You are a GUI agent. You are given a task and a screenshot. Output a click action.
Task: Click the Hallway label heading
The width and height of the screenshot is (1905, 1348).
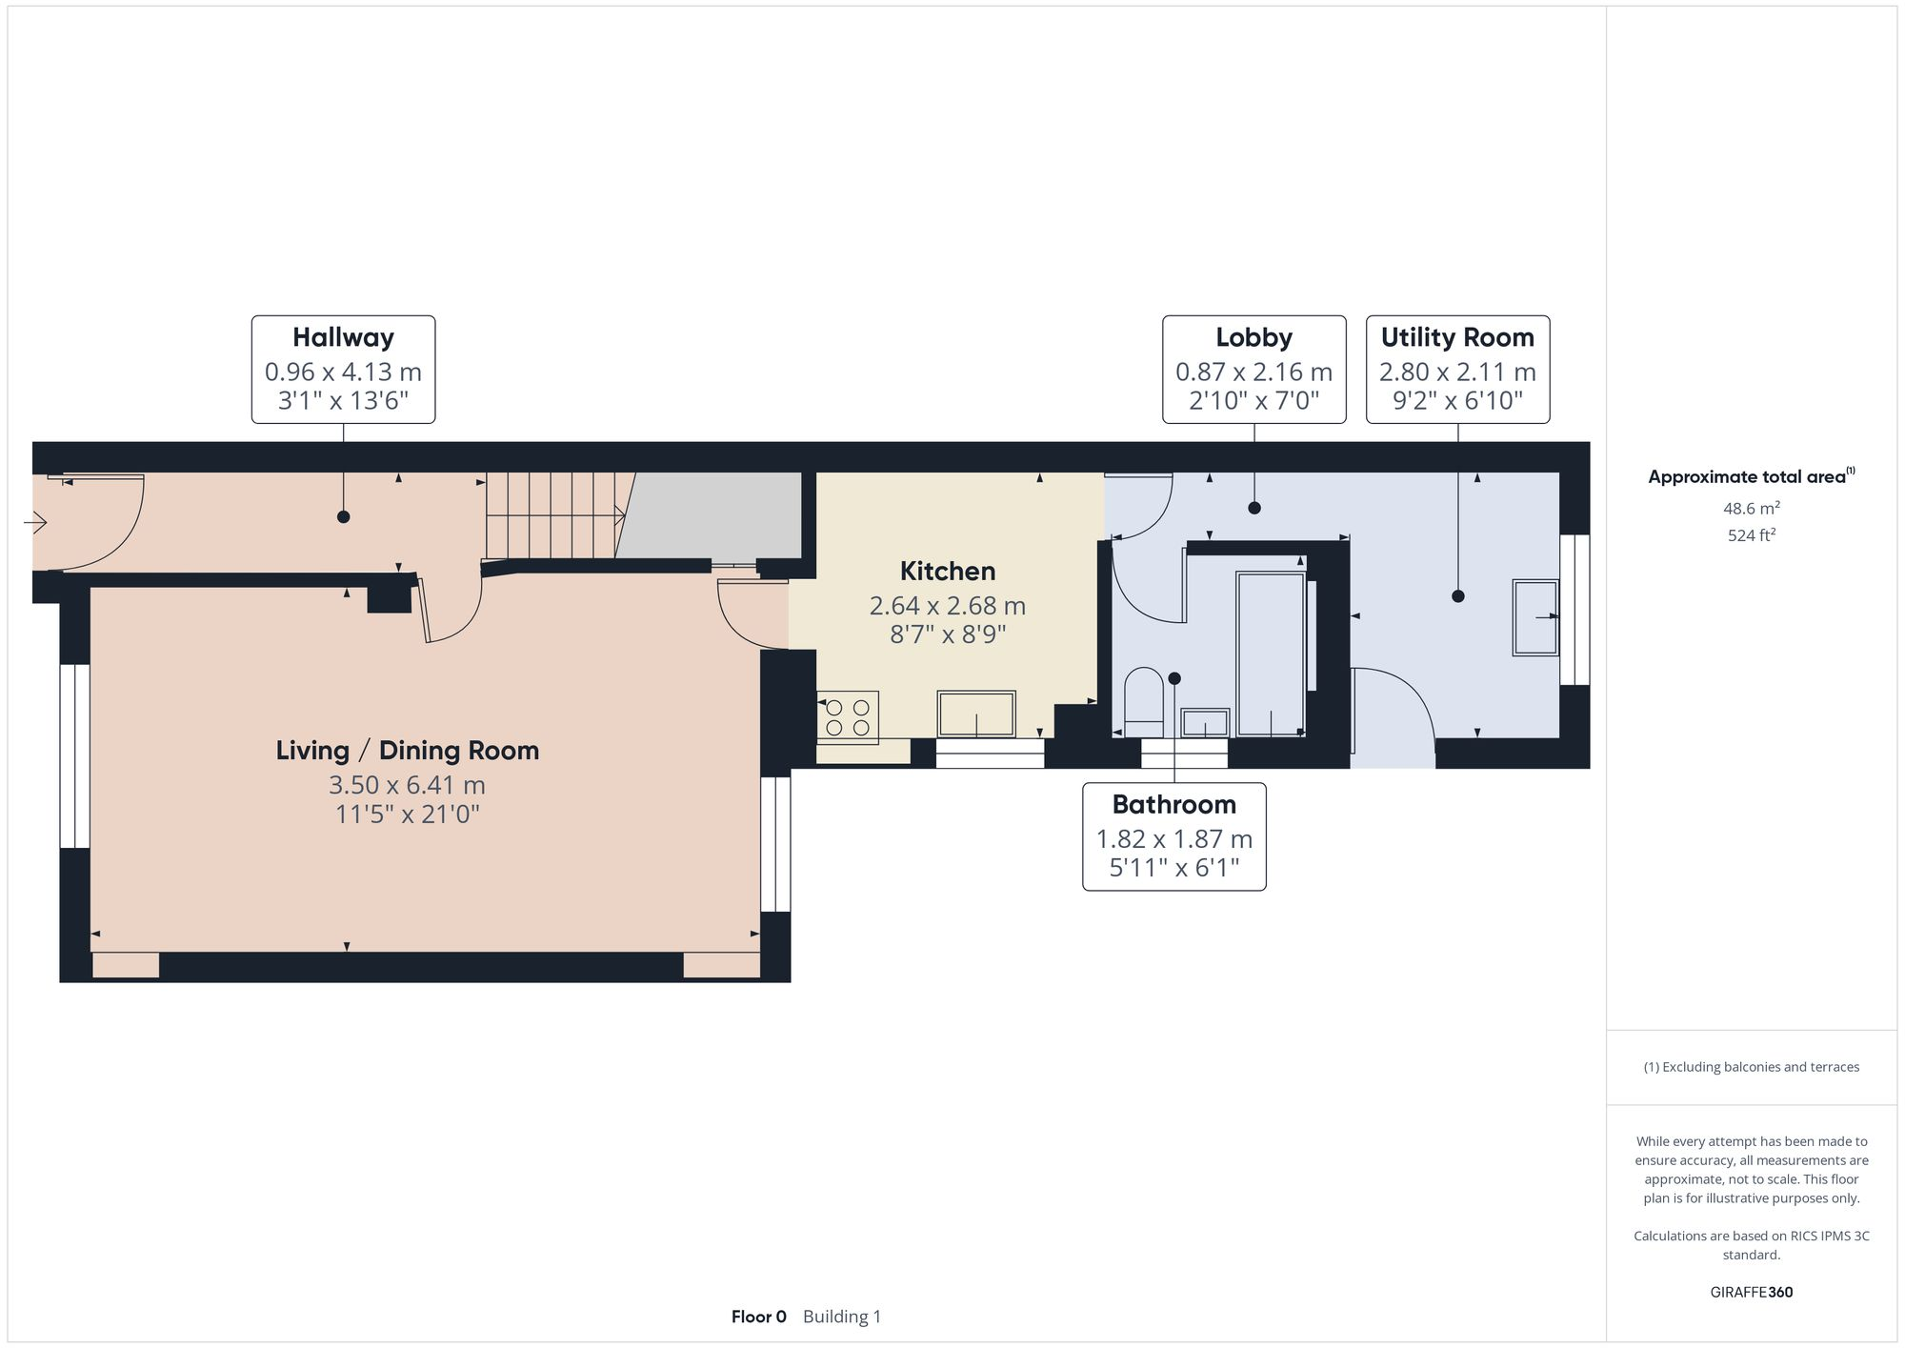(x=343, y=337)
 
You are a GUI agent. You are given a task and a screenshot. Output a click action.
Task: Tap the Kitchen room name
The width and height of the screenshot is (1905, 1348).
(x=947, y=571)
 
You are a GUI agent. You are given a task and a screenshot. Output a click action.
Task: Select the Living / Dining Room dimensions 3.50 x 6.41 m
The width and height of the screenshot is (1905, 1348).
(x=407, y=785)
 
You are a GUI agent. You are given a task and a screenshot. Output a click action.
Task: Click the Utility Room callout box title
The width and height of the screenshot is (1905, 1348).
(x=1457, y=337)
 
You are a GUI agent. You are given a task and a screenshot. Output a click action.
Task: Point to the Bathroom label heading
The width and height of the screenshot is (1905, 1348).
(x=1173, y=804)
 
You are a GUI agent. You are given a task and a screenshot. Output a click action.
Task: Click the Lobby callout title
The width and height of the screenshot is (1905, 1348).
(x=1253, y=337)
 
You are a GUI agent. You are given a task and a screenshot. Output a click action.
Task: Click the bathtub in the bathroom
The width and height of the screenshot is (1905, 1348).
(x=1270, y=653)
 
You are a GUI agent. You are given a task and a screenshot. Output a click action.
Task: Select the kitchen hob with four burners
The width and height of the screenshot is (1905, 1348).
(x=848, y=717)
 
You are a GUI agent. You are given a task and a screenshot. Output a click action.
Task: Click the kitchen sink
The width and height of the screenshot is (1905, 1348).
(x=976, y=714)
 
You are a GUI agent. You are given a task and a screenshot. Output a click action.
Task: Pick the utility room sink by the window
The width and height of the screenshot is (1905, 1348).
(x=1535, y=616)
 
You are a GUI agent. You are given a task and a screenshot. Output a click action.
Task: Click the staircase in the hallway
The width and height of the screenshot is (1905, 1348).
(x=557, y=514)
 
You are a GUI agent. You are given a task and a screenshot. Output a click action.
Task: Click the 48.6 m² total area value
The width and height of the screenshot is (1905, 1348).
(x=1751, y=508)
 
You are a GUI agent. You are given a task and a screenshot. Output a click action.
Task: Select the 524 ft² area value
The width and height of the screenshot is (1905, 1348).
(x=1751, y=535)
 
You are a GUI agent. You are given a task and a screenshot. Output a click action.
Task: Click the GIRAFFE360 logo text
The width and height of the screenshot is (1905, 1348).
(x=1751, y=1292)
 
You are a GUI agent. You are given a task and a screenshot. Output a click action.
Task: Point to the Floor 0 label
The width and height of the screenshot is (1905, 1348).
(x=758, y=1317)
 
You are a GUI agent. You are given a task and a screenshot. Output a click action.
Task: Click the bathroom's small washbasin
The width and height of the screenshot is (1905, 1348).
(x=1205, y=723)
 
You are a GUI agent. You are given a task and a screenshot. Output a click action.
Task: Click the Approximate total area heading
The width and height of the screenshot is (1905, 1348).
(x=1747, y=477)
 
